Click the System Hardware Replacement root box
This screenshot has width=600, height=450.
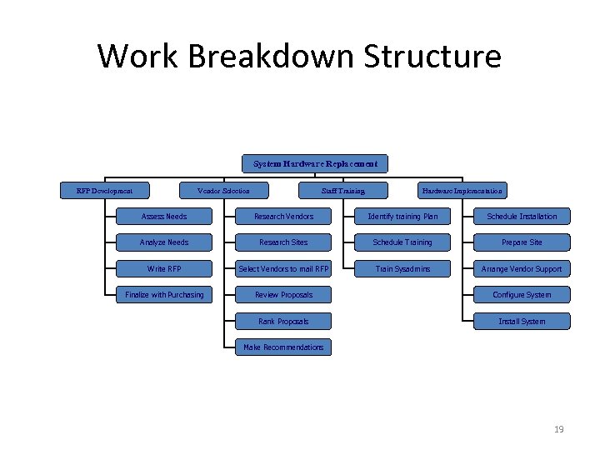(x=315, y=163)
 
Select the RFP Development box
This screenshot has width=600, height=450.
(x=105, y=191)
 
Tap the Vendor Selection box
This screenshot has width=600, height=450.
(x=222, y=191)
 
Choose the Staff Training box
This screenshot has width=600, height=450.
(x=343, y=191)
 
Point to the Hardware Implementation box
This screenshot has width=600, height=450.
(x=462, y=191)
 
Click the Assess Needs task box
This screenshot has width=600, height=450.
(x=164, y=217)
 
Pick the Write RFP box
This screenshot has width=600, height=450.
(x=164, y=268)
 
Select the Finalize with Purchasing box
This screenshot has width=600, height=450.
(x=164, y=294)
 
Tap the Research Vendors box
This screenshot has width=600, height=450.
(x=283, y=217)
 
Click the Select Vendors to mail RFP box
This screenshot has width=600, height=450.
(x=283, y=268)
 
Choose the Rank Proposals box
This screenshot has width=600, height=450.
(x=283, y=321)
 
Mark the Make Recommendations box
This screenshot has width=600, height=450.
(x=283, y=347)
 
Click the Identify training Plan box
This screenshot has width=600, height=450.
(x=402, y=217)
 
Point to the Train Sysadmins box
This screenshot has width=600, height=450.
(x=402, y=268)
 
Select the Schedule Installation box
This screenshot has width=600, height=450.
(x=522, y=217)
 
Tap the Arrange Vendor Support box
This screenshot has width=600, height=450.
(x=522, y=268)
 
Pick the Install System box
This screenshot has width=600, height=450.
(x=522, y=321)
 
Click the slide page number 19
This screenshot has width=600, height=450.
(x=558, y=429)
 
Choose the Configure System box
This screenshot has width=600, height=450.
(x=522, y=294)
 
